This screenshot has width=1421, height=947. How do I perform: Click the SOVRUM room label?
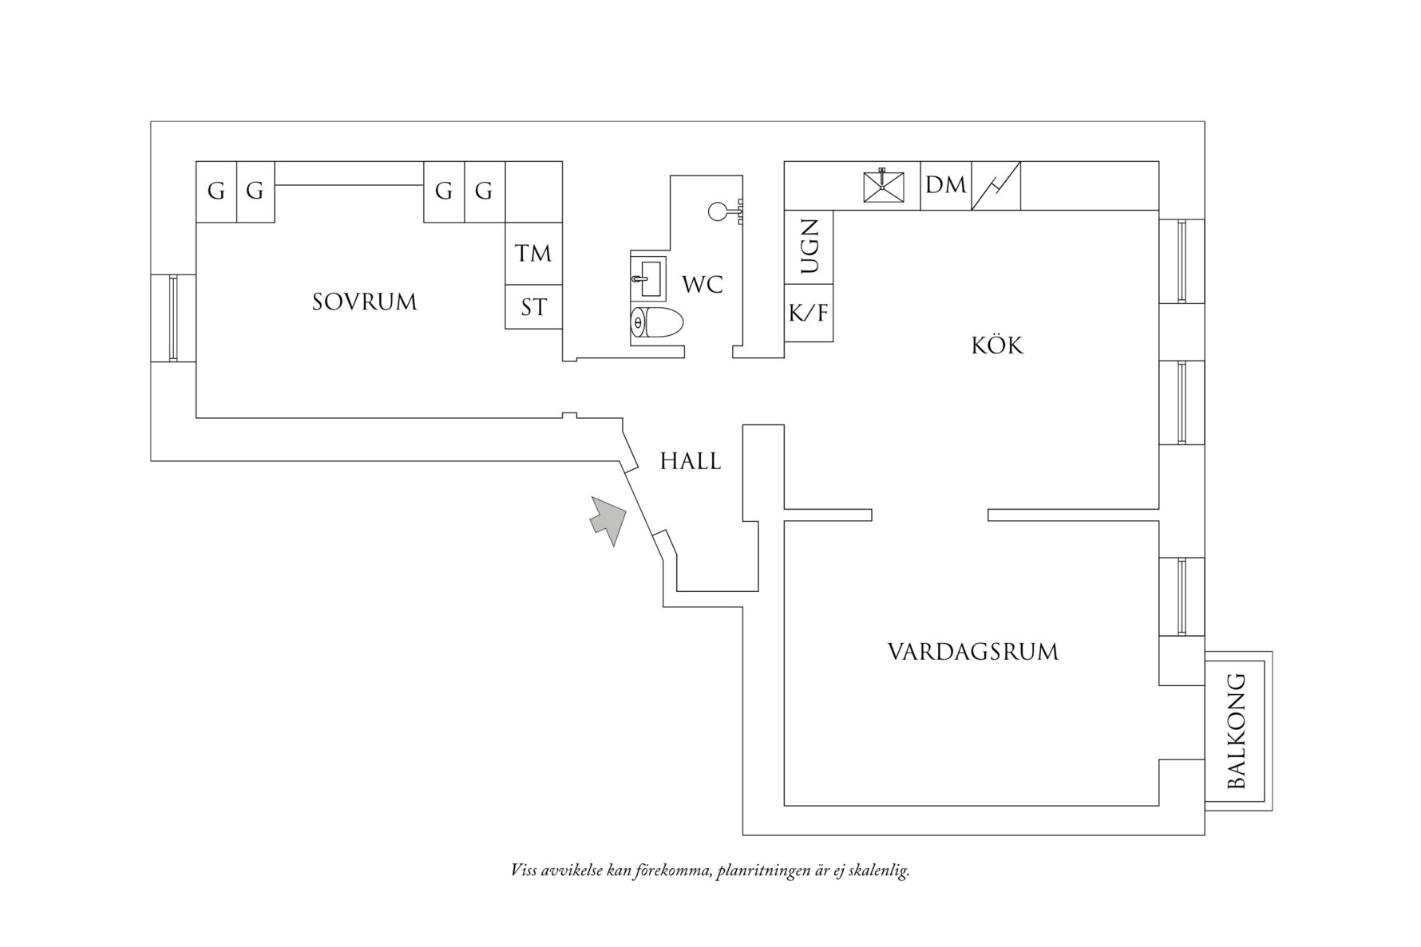pos(364,302)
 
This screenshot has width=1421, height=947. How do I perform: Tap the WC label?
pos(703,284)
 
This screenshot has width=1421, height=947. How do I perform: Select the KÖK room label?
pos(997,345)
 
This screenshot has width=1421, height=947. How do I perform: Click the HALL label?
pos(691,461)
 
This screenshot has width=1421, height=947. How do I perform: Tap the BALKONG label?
pos(1236,731)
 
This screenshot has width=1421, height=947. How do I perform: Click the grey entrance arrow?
pos(608,519)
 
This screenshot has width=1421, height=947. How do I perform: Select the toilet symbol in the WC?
pos(657,324)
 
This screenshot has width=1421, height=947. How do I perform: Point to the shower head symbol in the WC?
pos(718,211)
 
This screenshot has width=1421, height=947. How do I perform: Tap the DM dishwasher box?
pos(945,186)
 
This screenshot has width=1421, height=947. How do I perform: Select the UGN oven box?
pos(809,247)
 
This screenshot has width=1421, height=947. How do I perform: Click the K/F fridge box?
pos(809,314)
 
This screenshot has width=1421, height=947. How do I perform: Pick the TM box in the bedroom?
pos(533,254)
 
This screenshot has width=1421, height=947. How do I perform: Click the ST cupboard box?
pos(533,307)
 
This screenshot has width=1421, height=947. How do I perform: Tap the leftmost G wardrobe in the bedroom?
pos(216,191)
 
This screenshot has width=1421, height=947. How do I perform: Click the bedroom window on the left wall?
pos(173,318)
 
